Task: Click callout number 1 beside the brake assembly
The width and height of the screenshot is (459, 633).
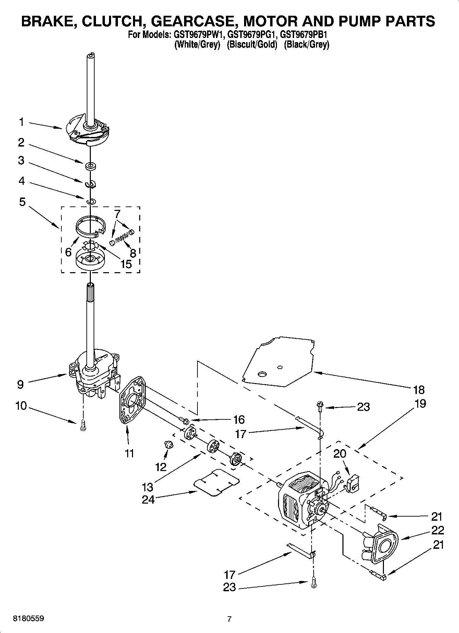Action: pyautogui.click(x=21, y=122)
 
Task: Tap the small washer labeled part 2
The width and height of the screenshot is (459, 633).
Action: pyautogui.click(x=91, y=166)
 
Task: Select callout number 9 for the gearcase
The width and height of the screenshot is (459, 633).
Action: pyautogui.click(x=21, y=384)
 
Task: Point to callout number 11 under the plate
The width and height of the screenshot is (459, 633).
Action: pyautogui.click(x=129, y=453)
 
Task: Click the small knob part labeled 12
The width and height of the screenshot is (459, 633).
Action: pyautogui.click(x=169, y=445)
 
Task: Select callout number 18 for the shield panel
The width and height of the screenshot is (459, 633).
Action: pyautogui.click(x=419, y=390)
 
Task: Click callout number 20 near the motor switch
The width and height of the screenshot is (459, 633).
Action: pyautogui.click(x=340, y=454)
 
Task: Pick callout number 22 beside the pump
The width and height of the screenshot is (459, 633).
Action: pyautogui.click(x=437, y=530)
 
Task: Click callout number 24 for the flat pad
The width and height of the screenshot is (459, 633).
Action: pyautogui.click(x=148, y=499)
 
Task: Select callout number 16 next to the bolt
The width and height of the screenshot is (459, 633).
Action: pyautogui.click(x=239, y=419)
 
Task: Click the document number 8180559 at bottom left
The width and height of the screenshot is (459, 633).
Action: pyautogui.click(x=28, y=619)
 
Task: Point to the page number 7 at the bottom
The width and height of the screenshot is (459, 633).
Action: pyautogui.click(x=229, y=619)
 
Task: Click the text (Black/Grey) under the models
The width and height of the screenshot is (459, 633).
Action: pyautogui.click(x=306, y=45)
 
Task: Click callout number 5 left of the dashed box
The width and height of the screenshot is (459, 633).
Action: pyautogui.click(x=22, y=202)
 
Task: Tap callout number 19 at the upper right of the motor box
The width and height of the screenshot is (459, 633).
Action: pyautogui.click(x=420, y=403)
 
